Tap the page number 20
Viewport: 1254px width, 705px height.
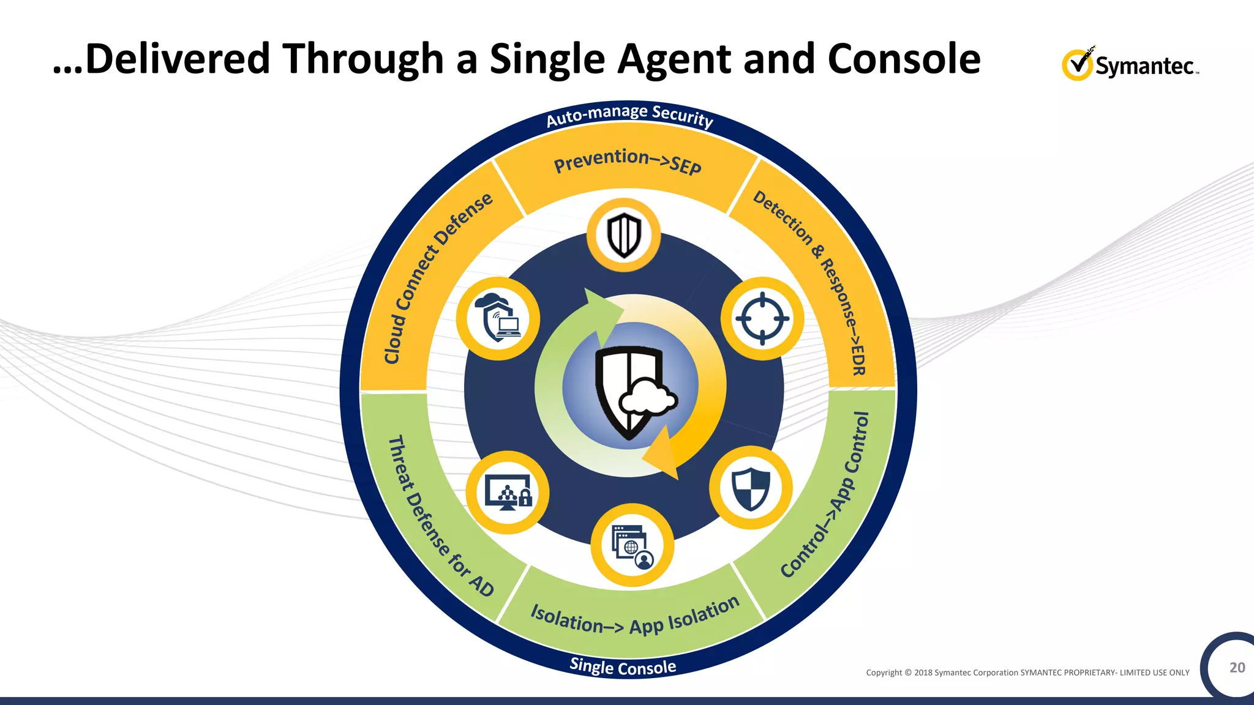tap(1237, 667)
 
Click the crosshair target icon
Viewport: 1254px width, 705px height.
tap(762, 318)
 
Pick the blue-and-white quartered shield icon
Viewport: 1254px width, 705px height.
tap(751, 488)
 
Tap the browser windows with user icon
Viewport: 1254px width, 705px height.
tap(633, 545)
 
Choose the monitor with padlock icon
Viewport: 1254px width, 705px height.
tap(508, 493)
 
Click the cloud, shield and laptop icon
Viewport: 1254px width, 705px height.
tap(498, 318)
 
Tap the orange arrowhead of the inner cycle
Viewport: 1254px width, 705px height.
tap(663, 456)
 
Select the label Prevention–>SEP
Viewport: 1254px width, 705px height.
tap(627, 162)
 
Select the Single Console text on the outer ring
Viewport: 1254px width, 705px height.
tap(623, 666)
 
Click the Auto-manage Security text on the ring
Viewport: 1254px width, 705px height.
tap(629, 115)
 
